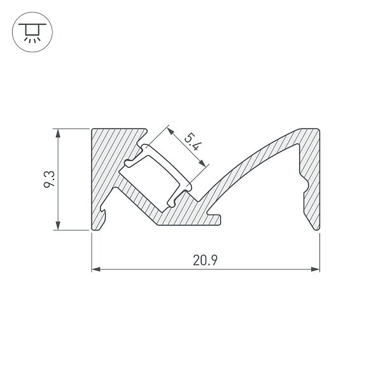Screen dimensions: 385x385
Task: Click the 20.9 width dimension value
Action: tap(205, 260)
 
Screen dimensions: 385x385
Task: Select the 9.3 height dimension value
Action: tap(49, 179)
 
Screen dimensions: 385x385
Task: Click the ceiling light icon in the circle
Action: tap(32, 33)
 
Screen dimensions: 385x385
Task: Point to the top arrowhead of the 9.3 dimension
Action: tap(58, 133)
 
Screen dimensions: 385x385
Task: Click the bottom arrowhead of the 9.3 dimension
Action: tap(58, 226)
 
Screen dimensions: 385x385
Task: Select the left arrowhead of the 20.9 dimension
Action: tap(96, 269)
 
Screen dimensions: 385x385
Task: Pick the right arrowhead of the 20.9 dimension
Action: tap(315, 269)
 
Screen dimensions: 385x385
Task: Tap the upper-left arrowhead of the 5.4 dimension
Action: tap(171, 131)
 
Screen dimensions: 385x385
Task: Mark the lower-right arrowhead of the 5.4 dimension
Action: tap(202, 163)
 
